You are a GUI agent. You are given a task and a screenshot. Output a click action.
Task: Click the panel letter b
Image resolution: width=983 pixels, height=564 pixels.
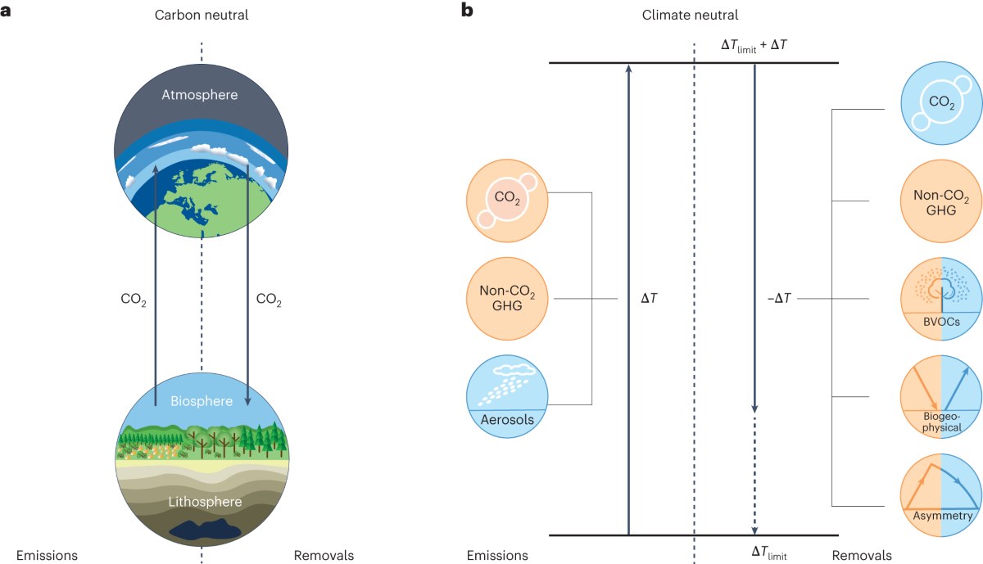468,12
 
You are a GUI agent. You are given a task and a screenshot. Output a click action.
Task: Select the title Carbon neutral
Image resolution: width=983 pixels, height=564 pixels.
201,15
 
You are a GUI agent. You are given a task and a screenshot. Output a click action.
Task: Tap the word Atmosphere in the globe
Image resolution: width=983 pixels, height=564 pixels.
200,95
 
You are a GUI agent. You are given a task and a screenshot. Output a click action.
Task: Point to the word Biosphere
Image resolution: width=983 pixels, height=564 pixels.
201,401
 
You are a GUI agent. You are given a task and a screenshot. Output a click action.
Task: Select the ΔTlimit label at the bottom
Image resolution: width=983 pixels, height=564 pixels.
768,553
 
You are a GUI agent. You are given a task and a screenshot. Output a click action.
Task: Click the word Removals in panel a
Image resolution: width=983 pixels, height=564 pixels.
324,555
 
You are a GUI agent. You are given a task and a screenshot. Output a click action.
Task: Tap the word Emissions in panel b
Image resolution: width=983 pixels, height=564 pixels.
497,555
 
